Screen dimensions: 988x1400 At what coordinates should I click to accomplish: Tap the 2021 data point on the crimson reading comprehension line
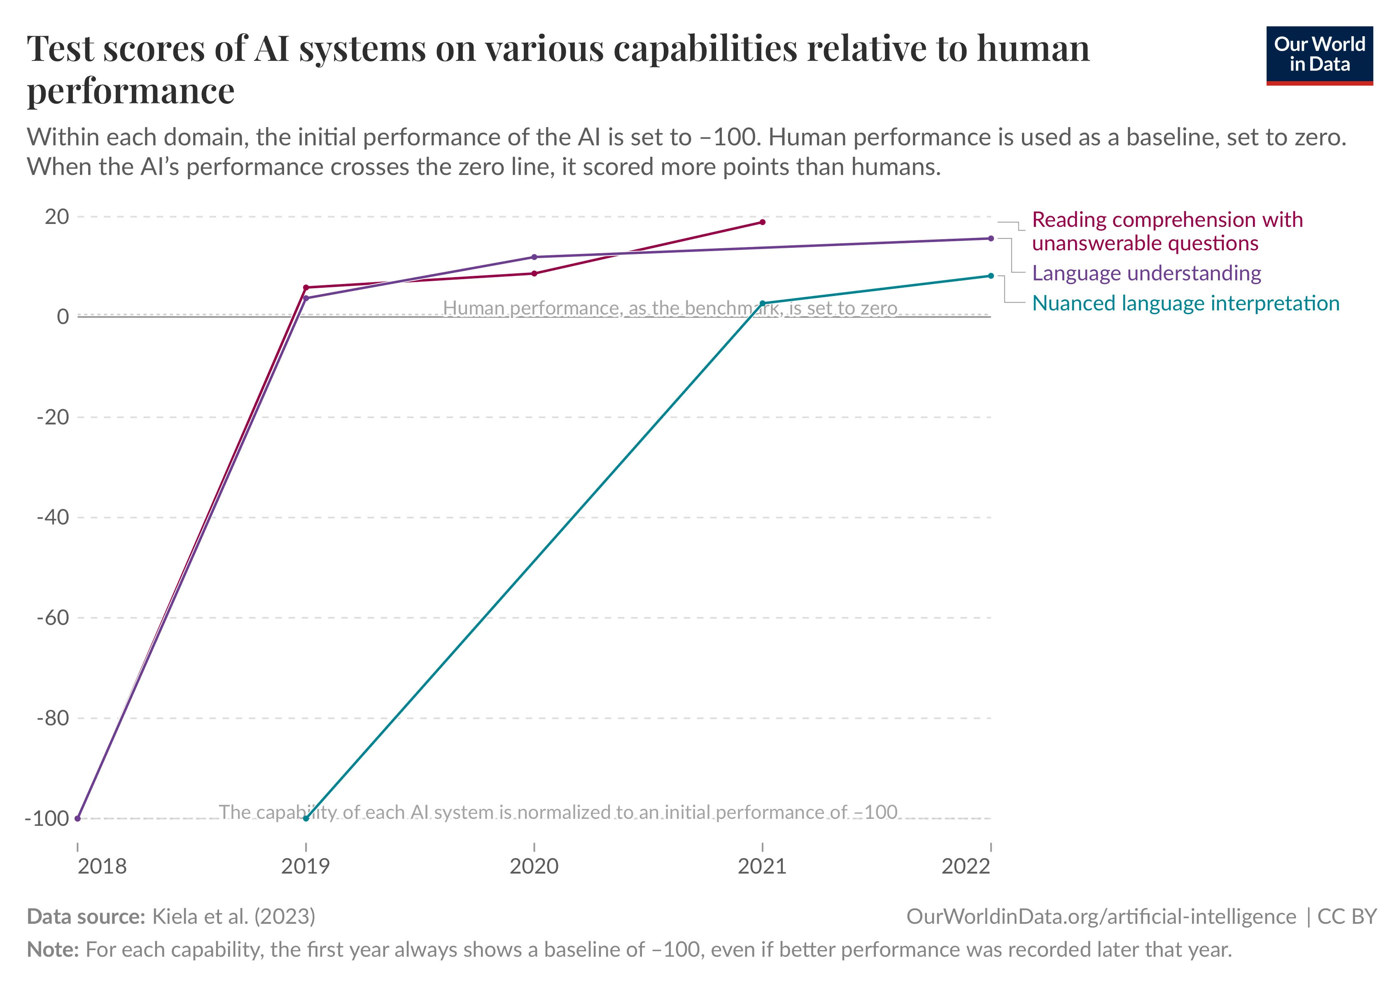(x=762, y=222)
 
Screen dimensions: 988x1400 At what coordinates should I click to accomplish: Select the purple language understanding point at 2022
(x=991, y=238)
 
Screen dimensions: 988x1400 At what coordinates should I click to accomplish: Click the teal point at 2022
(x=991, y=276)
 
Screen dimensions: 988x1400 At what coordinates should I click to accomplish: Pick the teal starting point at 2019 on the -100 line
(x=306, y=818)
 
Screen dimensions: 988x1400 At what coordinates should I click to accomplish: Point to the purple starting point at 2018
(x=77, y=818)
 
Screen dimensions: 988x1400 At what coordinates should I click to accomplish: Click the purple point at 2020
(x=534, y=257)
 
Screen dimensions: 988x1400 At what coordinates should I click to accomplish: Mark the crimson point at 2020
(x=534, y=274)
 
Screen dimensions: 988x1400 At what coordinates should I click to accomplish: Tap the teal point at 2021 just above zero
(x=762, y=303)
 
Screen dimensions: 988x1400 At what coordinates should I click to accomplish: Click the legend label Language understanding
(x=1146, y=273)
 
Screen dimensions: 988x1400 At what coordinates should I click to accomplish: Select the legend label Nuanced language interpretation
(x=1185, y=303)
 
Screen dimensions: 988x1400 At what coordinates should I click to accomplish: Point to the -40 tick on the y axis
(x=53, y=517)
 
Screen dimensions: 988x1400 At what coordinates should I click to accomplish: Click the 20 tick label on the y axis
(x=57, y=217)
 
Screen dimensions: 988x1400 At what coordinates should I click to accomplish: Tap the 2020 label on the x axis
(x=534, y=866)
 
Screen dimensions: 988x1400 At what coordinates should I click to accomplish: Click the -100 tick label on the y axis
(x=47, y=818)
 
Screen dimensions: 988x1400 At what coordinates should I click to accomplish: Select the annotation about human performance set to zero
(x=670, y=308)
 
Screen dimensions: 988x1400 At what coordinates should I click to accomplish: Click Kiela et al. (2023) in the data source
(x=233, y=917)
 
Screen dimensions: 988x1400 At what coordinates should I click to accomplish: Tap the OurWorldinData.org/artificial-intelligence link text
(x=1101, y=917)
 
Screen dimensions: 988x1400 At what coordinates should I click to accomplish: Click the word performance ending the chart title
(x=131, y=91)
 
